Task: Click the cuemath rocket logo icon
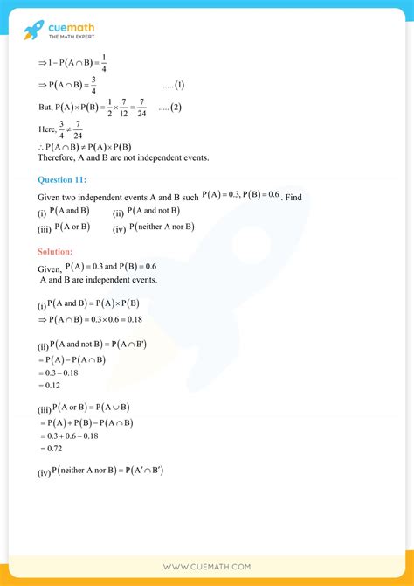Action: pos(32,31)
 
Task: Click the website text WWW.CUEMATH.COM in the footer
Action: pos(207,567)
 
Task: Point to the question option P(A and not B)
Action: pos(154,212)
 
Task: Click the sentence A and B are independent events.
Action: pos(99,280)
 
